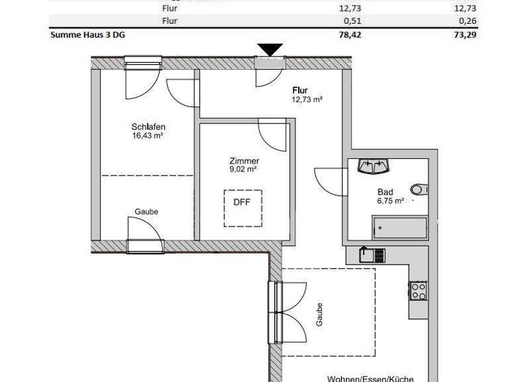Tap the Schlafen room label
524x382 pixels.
coord(148,126)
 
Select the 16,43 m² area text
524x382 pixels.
coord(147,136)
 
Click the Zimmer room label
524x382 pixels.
coord(244,161)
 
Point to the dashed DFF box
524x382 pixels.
coord(243,207)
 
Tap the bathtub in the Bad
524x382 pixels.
coord(399,228)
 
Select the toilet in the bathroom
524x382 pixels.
coord(418,189)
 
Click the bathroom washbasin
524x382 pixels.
coord(373,166)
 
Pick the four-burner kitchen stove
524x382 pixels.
coord(418,291)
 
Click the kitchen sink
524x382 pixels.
coord(372,254)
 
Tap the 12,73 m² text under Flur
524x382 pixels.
coord(306,99)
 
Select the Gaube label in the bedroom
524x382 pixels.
coord(146,211)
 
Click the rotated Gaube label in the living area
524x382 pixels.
coord(319,314)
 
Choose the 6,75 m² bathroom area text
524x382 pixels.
coord(391,201)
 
